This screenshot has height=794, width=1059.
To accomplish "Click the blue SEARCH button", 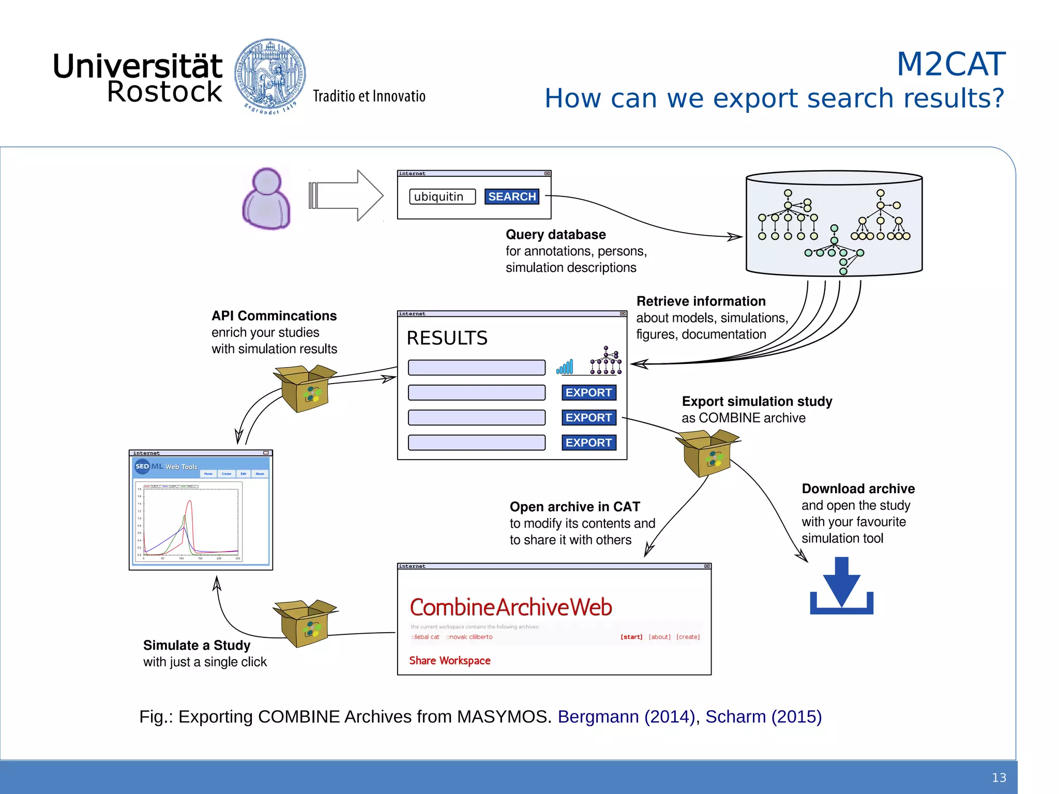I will [511, 196].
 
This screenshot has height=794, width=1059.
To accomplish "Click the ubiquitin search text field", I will [442, 196].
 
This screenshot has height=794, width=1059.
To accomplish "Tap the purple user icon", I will [266, 198].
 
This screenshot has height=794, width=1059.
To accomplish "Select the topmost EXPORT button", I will [588, 392].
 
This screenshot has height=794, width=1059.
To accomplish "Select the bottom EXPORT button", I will [588, 442].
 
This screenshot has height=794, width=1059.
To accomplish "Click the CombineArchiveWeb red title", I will [510, 607].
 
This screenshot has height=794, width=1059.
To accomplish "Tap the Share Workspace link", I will [449, 661].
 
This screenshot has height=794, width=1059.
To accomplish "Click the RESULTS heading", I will [447, 338].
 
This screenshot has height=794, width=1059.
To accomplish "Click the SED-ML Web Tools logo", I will [165, 466].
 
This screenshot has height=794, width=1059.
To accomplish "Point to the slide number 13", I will [999, 777].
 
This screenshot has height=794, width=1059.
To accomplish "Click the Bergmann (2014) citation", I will [626, 716].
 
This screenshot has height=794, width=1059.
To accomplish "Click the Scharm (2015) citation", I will [763, 716].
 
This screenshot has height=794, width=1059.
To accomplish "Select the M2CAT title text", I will [950, 64].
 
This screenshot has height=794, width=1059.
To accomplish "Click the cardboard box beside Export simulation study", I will [707, 453].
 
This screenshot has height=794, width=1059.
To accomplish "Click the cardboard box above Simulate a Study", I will [305, 623].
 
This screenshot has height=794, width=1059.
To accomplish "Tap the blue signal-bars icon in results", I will [565, 367].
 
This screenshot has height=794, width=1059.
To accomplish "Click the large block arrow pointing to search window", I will [345, 195].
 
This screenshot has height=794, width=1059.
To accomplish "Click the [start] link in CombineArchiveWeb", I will [631, 637].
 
